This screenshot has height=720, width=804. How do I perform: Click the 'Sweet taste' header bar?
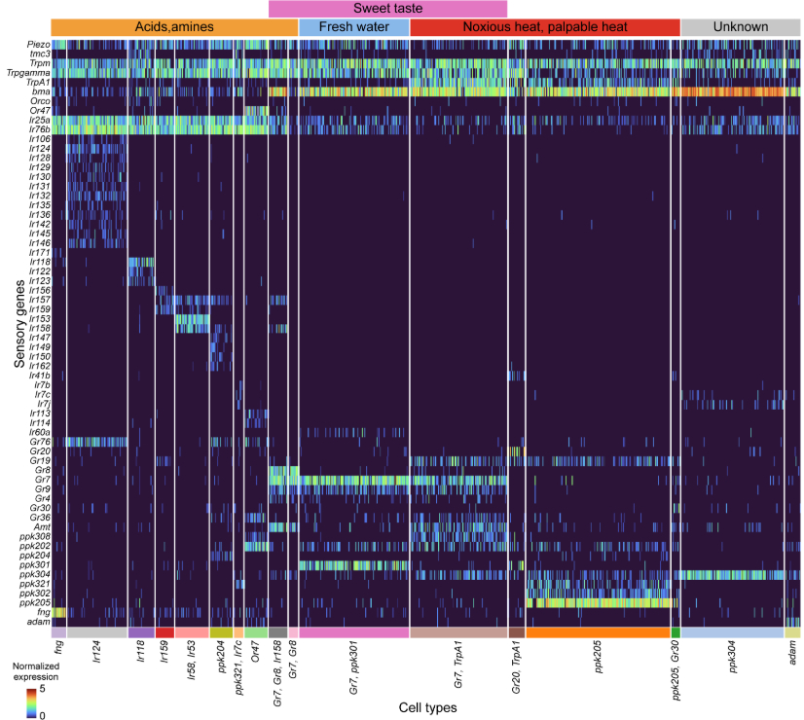click(x=387, y=8)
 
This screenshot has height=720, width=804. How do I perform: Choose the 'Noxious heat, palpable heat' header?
click(x=544, y=27)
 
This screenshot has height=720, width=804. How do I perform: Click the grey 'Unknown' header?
click(x=740, y=27)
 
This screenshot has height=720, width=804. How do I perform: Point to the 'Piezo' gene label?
click(x=38, y=45)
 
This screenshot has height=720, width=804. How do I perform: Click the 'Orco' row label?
click(x=40, y=100)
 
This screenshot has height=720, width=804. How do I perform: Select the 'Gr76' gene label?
click(x=40, y=441)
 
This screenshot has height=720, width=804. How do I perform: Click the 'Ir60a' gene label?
click(x=40, y=431)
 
